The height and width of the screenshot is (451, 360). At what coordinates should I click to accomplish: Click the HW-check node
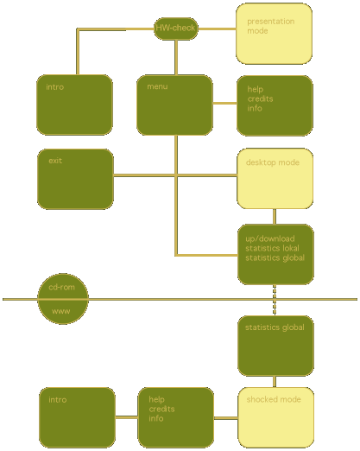176,29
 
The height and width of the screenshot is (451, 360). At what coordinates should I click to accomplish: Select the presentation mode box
274,34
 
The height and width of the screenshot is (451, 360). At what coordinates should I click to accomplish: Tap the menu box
174,105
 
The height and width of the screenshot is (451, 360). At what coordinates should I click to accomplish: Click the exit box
75,179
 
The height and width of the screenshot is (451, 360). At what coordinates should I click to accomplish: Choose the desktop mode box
275,179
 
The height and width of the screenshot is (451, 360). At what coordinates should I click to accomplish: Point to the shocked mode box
275,417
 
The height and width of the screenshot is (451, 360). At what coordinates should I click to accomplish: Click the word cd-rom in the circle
61,287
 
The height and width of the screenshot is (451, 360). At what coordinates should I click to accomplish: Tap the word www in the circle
61,311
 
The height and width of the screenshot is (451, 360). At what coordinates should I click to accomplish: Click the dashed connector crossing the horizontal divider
275,300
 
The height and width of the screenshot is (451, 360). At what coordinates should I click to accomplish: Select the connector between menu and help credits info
224,103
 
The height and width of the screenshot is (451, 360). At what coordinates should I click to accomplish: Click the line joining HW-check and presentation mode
217,29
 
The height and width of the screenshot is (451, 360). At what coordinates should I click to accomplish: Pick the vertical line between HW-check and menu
176,57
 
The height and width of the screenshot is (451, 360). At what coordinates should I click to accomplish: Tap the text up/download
270,238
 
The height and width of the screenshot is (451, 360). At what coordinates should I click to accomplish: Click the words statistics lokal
272,248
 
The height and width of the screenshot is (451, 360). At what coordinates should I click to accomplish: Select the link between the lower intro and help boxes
127,417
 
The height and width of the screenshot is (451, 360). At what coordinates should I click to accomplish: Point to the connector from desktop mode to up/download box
275,217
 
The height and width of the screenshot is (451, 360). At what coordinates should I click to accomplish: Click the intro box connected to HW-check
74,105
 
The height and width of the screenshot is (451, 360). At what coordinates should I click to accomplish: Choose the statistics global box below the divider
275,346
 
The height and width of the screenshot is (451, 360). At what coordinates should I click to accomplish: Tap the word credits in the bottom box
161,409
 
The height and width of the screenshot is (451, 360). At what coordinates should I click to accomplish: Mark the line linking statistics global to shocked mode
275,382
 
